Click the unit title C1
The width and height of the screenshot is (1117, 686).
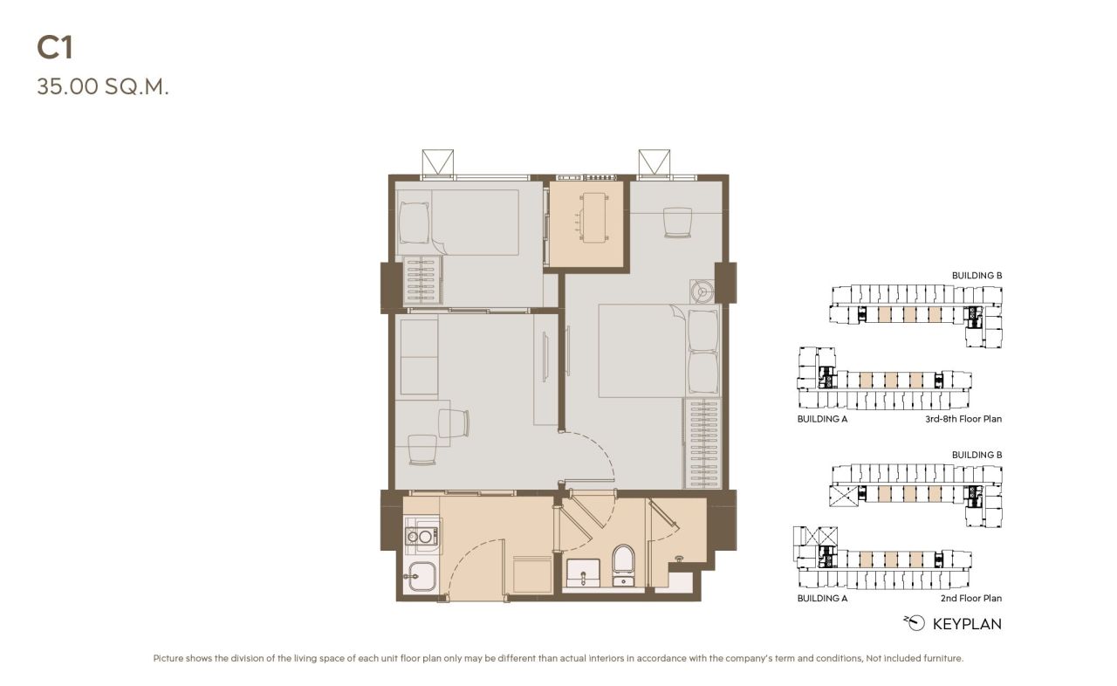click(x=54, y=48)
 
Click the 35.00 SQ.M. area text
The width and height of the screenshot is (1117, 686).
click(x=102, y=87)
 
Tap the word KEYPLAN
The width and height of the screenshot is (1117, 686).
click(x=967, y=624)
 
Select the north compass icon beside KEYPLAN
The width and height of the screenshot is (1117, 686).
click(x=915, y=623)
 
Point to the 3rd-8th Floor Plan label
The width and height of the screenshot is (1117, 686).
click(x=963, y=419)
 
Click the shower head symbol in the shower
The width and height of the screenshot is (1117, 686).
click(x=680, y=558)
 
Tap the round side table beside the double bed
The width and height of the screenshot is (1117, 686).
click(x=701, y=291)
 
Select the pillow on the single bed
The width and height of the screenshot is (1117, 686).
click(x=414, y=223)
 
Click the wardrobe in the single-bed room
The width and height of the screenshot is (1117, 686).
click(x=422, y=279)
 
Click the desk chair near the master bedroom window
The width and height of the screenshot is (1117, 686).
click(x=676, y=222)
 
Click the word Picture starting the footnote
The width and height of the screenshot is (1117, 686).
click(x=169, y=658)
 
